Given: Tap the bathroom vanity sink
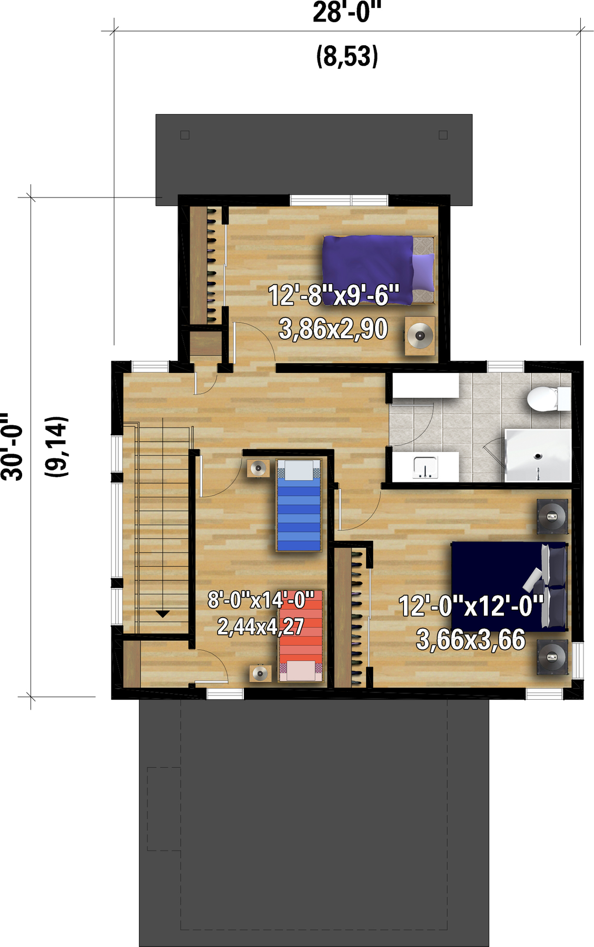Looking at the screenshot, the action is [x=425, y=467].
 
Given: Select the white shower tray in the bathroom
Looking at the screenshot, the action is [x=538, y=455].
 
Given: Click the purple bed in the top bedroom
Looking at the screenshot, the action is [x=379, y=270].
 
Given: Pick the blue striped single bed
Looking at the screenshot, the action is [x=299, y=505].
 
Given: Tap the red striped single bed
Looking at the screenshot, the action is [x=301, y=637].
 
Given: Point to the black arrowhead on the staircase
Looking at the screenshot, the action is [x=163, y=614].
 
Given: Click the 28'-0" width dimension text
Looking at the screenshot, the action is [x=347, y=12].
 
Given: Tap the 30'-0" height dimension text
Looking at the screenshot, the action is [x=12, y=447].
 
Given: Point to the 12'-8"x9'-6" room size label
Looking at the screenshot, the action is [x=334, y=295].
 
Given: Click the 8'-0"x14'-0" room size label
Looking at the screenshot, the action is [x=261, y=600].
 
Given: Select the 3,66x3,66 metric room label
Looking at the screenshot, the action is [x=471, y=640].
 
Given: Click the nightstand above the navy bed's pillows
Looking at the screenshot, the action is [x=552, y=517].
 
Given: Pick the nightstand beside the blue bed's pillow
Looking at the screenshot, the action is [x=259, y=468].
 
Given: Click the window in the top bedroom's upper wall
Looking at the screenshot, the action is [x=339, y=200].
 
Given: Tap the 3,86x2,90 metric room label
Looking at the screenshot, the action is [x=333, y=329].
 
